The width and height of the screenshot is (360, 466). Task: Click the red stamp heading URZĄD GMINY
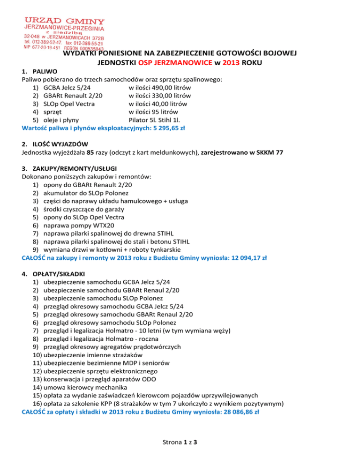(x=65, y=21)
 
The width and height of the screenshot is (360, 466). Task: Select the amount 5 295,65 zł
(x=167, y=127)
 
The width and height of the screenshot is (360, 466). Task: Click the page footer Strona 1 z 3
(x=180, y=454)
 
